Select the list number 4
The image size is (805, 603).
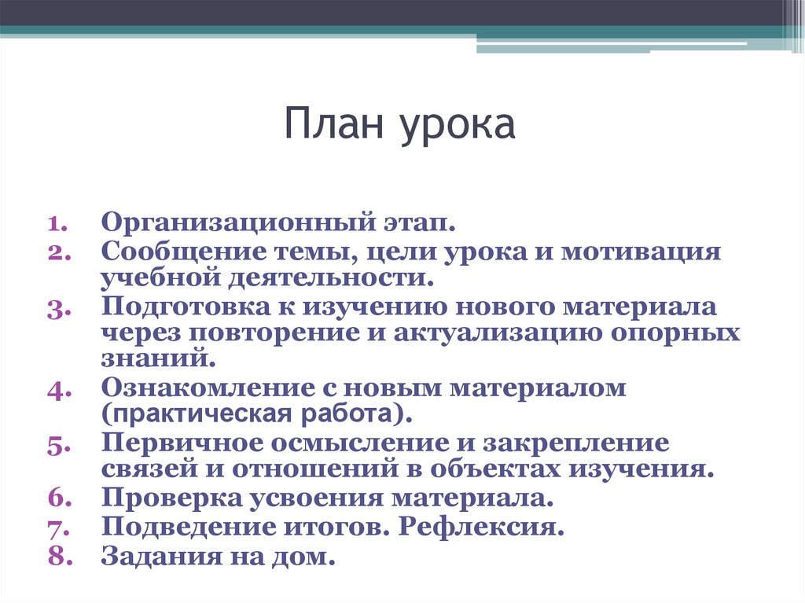coord(59,389)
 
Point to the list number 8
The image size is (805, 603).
coord(59,557)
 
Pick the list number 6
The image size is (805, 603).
coord(59,498)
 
